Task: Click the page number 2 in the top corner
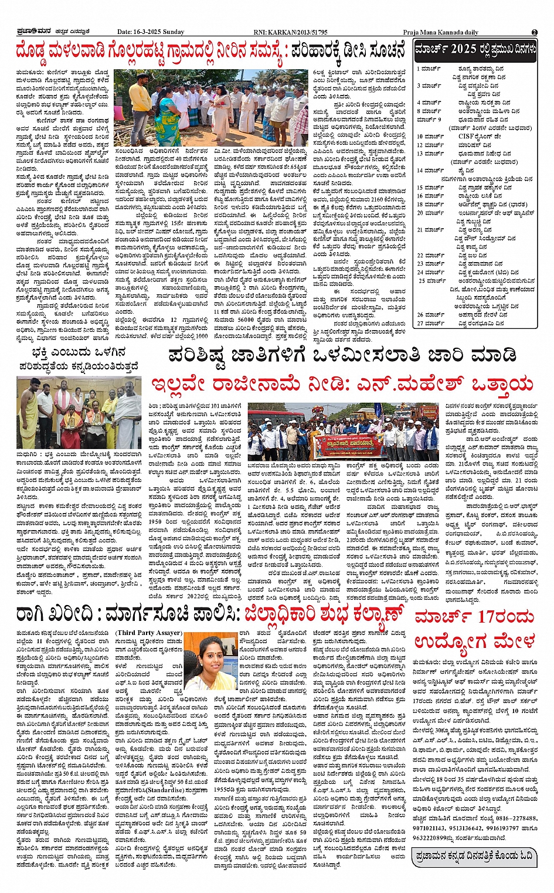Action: [534, 32]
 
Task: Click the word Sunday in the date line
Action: [172, 32]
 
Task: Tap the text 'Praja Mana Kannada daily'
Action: [440, 32]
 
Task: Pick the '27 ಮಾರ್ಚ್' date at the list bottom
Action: [430, 323]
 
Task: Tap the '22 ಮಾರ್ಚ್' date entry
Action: [430, 256]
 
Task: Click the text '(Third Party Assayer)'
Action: [149, 633]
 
